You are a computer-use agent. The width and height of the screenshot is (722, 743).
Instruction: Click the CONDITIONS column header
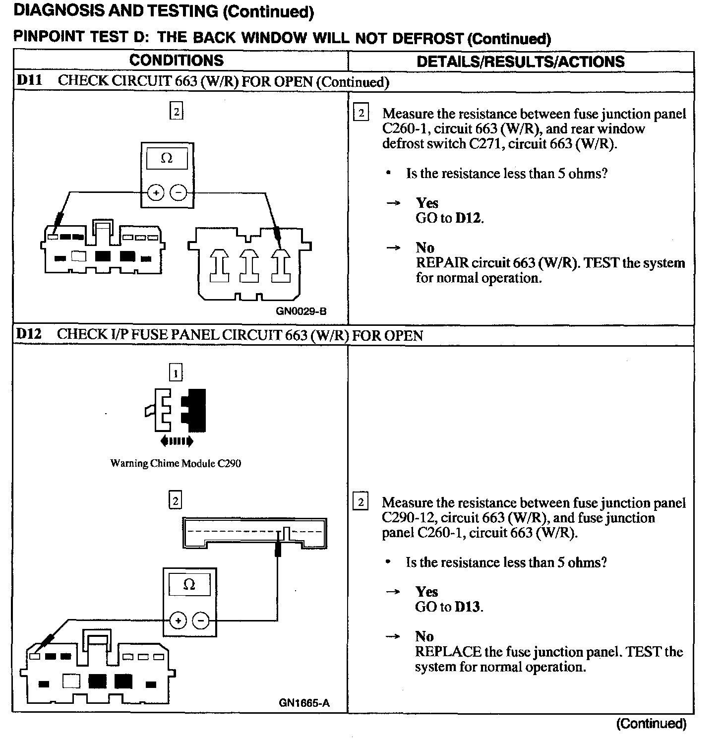[176, 61]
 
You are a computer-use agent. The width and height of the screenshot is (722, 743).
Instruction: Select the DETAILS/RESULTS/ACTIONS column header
[521, 62]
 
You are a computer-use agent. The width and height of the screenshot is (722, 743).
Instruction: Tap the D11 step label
[29, 81]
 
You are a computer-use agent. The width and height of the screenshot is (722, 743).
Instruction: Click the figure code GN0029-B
[301, 311]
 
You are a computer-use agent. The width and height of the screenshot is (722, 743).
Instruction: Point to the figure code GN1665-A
[304, 703]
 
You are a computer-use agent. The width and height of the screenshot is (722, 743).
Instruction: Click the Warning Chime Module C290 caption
[176, 463]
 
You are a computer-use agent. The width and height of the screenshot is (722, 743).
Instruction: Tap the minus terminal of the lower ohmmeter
[201, 620]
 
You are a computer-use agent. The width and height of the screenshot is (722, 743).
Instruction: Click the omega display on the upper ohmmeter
[167, 159]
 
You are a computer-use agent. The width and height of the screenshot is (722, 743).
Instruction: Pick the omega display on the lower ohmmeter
[189, 585]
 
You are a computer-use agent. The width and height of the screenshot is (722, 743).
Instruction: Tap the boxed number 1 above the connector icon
[176, 372]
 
